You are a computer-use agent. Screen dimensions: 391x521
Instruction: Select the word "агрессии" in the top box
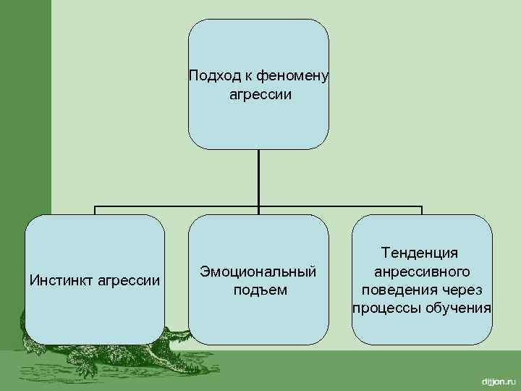[259, 95]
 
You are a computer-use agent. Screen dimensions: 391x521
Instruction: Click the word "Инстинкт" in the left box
[58, 280]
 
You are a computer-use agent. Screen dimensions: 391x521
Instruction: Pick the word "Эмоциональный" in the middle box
[258, 272]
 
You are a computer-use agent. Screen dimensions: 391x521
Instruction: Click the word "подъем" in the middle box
[259, 290]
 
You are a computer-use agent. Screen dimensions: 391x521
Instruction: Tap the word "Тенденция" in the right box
[422, 253]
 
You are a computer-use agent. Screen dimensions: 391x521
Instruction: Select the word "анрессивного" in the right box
[422, 272]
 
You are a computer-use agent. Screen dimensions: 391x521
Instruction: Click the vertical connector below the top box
[258, 177]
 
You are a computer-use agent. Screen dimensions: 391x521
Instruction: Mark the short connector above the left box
[95, 210]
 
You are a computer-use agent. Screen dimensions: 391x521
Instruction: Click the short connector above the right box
[422, 210]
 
